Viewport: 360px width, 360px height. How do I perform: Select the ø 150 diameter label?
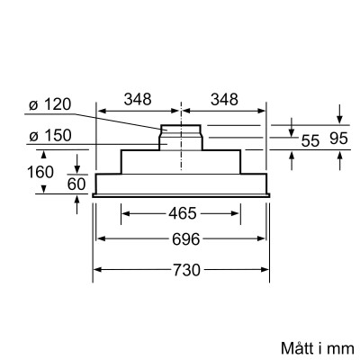(x=47, y=136)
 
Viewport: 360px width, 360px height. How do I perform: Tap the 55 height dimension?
(x=310, y=140)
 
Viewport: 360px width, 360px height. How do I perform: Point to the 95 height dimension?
(x=338, y=140)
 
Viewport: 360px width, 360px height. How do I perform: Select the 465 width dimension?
(x=182, y=215)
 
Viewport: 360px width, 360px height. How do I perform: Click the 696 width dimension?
(x=182, y=240)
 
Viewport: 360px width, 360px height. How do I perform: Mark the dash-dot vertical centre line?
(x=183, y=162)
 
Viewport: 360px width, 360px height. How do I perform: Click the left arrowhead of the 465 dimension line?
(x=123, y=214)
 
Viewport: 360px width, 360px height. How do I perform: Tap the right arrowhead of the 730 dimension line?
(x=267, y=269)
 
